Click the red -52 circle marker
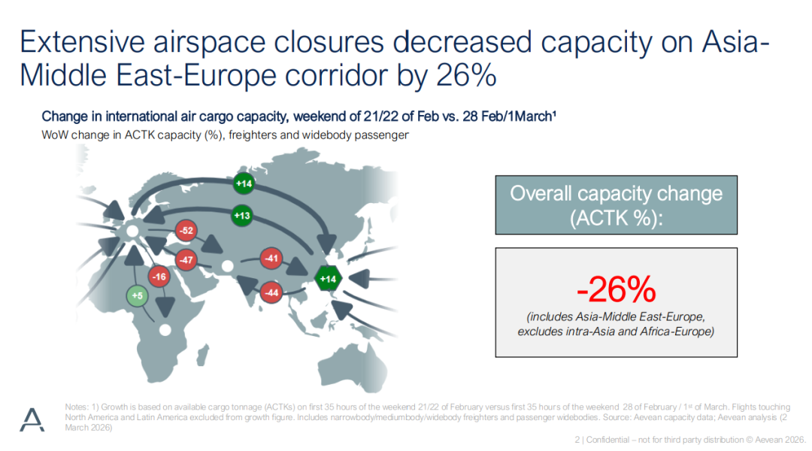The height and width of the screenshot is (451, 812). point(186,231)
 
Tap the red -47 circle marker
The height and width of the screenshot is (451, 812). point(186,260)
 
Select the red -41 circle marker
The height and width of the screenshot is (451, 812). point(271,258)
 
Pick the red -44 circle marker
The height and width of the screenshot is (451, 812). point(271,292)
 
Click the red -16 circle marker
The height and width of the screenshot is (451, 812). point(159,277)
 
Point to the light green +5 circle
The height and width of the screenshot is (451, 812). point(138,295)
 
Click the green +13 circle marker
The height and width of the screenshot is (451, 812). point(242,216)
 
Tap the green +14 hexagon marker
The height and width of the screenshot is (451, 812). point(328,279)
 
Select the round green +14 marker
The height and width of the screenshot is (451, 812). point(244,183)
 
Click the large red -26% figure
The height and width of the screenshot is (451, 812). point(617,289)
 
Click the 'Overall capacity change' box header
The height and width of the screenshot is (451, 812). point(617,205)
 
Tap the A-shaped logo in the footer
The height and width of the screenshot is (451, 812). point(32,419)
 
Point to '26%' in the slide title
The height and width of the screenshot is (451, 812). point(466,75)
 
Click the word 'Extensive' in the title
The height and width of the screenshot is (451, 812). point(83,41)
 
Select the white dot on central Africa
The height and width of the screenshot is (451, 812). point(165,330)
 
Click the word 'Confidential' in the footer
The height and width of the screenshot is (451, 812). point(607,440)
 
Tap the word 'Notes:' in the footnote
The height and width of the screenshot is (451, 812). point(77,407)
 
